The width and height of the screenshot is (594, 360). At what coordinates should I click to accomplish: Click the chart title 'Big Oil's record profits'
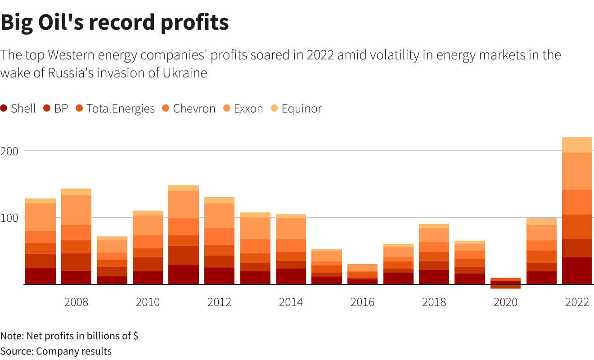tap(114, 22)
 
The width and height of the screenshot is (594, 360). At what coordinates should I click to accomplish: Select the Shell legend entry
tap(18, 108)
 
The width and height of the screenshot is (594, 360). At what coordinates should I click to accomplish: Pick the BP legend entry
tap(56, 108)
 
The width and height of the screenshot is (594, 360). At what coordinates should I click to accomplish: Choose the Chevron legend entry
tap(189, 108)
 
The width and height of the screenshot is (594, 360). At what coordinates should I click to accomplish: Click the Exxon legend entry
tap(243, 108)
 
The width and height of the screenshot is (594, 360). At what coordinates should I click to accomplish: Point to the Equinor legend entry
tap(297, 108)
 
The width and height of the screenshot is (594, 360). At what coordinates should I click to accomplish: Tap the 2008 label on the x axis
tap(76, 302)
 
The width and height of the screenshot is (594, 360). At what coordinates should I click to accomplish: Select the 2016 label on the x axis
tap(362, 302)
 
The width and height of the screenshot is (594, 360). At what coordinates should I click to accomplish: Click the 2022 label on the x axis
tap(577, 302)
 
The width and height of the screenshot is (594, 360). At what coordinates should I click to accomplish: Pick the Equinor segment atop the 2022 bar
tap(577, 145)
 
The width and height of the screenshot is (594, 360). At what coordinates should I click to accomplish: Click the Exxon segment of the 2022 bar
tap(577, 171)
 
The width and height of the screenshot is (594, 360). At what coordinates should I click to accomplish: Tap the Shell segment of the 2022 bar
tap(577, 271)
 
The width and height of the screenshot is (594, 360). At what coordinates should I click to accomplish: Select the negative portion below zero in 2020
tap(505, 287)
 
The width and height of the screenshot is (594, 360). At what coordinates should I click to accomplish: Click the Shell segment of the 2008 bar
tap(76, 278)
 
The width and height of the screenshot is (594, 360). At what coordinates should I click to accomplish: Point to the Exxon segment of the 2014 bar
tap(291, 229)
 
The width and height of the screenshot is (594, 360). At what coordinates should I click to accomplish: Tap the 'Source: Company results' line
tap(56, 351)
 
